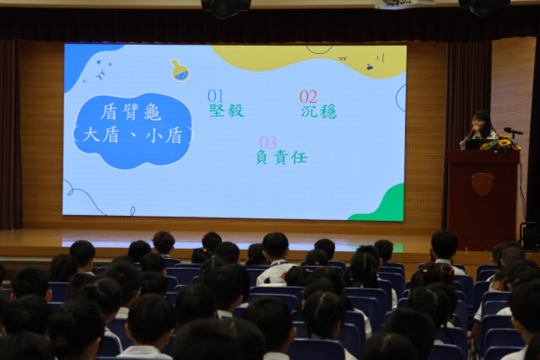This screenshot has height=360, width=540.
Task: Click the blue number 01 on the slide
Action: [215, 96]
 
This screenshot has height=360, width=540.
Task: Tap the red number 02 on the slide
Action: [308, 97]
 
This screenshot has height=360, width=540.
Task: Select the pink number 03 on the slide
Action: [268, 143]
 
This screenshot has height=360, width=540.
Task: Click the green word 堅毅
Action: [227, 110]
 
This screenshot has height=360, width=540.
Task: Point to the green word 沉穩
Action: [319, 112]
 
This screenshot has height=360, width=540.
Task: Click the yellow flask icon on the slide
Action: [180, 70]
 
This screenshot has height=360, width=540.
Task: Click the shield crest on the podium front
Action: [482, 184]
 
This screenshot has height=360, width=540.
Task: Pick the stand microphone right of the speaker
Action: [513, 131]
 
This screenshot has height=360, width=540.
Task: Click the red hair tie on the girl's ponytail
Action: [451, 271]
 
